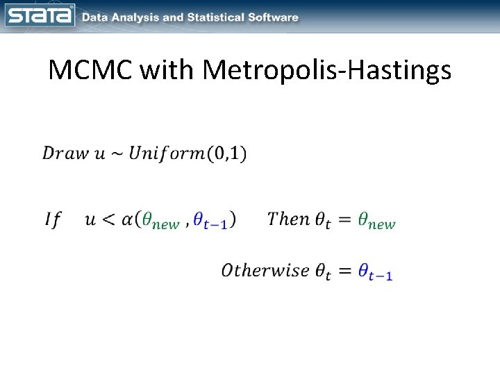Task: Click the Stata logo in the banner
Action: point(40,16)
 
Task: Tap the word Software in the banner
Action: point(273,17)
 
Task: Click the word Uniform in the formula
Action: point(165,153)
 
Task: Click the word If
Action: point(53,220)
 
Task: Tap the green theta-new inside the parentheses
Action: point(160,222)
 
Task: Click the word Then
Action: point(288,219)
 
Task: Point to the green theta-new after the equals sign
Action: point(376,222)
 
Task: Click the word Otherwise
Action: point(265,269)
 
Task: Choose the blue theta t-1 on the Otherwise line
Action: point(376,272)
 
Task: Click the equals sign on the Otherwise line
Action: point(343,271)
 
